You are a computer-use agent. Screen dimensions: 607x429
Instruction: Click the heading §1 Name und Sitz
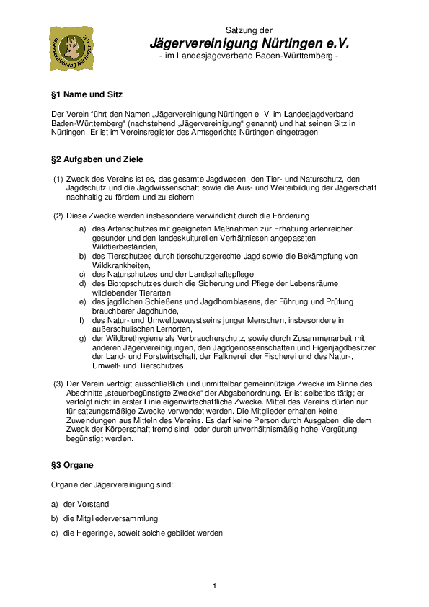pyautogui.click(x=87, y=94)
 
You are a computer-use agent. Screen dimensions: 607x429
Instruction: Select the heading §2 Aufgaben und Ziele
pyautogui.click(x=97, y=159)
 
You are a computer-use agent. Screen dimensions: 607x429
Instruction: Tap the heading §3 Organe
pyautogui.click(x=72, y=465)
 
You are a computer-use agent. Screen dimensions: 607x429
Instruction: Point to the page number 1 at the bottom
pyautogui.click(x=214, y=585)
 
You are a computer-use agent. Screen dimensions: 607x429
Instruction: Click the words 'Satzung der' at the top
pyautogui.click(x=249, y=30)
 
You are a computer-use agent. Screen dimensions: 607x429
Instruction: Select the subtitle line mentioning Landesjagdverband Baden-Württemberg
pyautogui.click(x=248, y=56)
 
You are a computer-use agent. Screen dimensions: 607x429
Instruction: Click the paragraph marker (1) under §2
pyautogui.click(x=58, y=178)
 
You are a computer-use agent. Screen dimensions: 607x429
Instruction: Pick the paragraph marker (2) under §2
pyautogui.click(x=58, y=215)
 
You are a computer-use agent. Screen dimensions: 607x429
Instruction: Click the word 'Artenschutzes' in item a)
pyautogui.click(x=133, y=229)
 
